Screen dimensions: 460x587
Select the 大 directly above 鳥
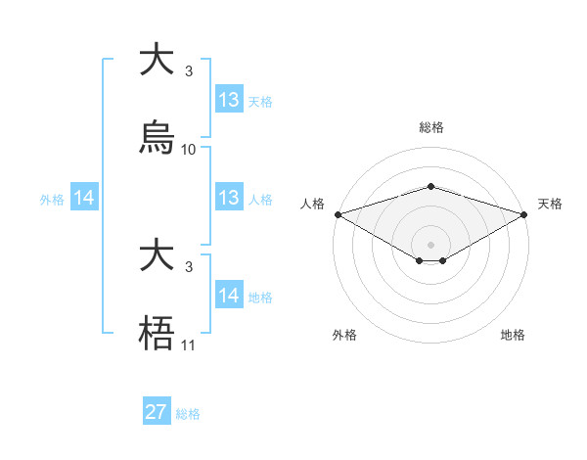[157, 61]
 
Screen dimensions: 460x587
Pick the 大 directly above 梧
[157, 256]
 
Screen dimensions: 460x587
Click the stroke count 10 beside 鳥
[189, 150]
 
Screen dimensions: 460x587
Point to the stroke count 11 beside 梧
[189, 345]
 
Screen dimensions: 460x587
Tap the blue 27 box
[157, 412]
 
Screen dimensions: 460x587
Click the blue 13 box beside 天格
[229, 100]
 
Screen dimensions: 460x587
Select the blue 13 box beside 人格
[229, 198]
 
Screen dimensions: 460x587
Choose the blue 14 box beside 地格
[229, 296]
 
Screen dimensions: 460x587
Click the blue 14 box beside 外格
[84, 198]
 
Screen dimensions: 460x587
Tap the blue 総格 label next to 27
[188, 414]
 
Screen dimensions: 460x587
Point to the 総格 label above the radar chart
[430, 127]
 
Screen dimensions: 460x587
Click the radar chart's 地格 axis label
[513, 335]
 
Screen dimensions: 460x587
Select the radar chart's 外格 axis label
[344, 335]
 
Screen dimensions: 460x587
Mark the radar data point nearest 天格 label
[523, 214]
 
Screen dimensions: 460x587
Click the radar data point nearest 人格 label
[338, 214]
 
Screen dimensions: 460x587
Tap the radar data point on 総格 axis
[430, 186]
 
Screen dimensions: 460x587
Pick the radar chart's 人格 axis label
[313, 204]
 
